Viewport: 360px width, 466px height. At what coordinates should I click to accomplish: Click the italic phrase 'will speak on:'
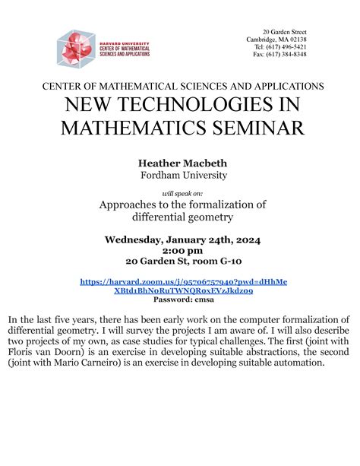coord(179,193)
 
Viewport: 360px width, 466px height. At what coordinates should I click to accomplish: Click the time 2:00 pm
coord(182,250)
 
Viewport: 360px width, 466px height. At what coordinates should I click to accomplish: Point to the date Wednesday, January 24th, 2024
coord(182,239)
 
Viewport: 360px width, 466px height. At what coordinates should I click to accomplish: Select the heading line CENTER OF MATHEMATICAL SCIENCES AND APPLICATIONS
coord(182,86)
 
